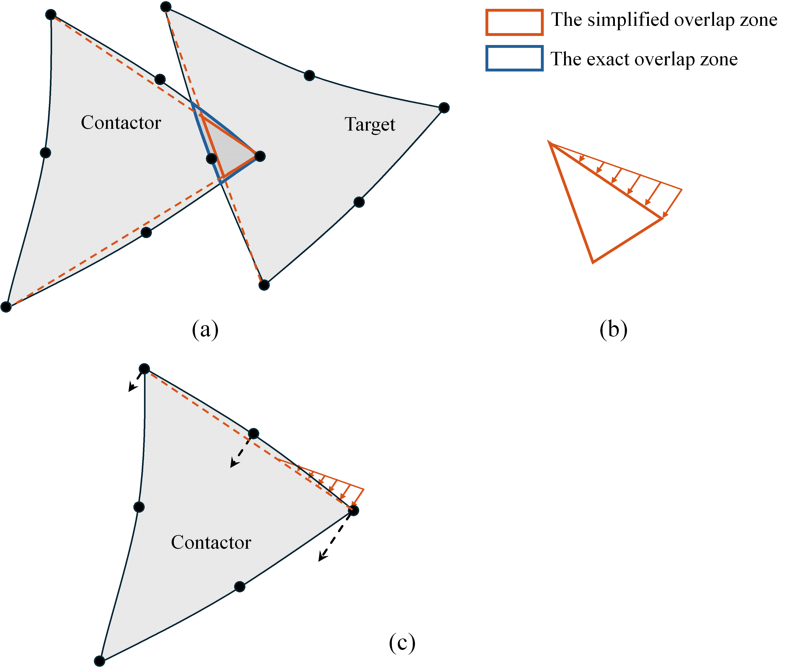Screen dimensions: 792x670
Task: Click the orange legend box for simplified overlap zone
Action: [514, 23]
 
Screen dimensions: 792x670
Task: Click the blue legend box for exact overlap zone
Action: [514, 58]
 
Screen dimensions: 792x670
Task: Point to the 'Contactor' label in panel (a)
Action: [121, 123]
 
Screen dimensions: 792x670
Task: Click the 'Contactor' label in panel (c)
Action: [211, 542]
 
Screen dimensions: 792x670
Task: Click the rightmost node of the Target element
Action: [444, 108]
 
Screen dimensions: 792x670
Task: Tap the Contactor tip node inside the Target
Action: [260, 156]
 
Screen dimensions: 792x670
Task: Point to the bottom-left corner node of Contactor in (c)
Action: [99, 661]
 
